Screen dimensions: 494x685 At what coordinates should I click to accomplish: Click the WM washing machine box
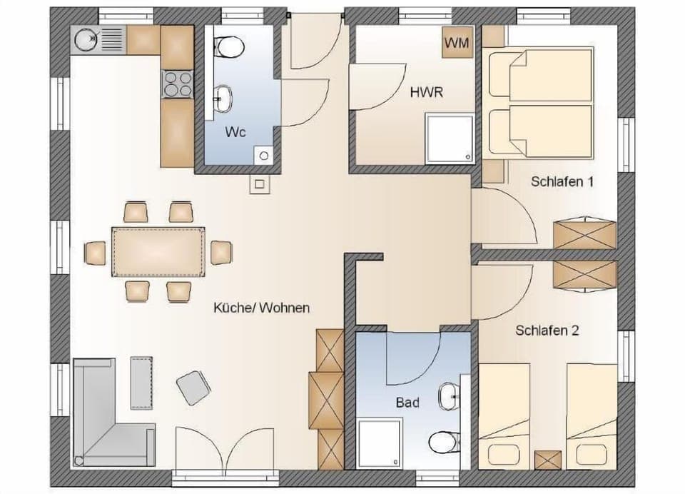tap(457, 43)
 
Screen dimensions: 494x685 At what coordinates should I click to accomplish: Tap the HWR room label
tap(427, 93)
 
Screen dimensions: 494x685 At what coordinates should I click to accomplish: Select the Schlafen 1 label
tap(562, 181)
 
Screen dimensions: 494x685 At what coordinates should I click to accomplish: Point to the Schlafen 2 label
tap(547, 331)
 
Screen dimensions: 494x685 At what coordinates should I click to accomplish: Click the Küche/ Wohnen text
tap(261, 308)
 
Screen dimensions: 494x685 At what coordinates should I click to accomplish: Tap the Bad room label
tap(407, 403)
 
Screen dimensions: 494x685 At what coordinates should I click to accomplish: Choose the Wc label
tap(236, 133)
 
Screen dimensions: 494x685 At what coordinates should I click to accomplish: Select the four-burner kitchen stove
tap(178, 84)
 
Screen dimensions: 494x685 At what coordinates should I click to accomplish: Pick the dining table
tap(158, 251)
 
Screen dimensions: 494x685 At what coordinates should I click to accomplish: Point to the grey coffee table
tap(141, 382)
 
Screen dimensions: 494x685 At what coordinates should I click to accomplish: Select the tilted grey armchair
tap(193, 388)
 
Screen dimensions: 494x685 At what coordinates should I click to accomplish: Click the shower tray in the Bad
tap(380, 444)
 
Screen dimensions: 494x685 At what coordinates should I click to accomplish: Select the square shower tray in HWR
tap(449, 138)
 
